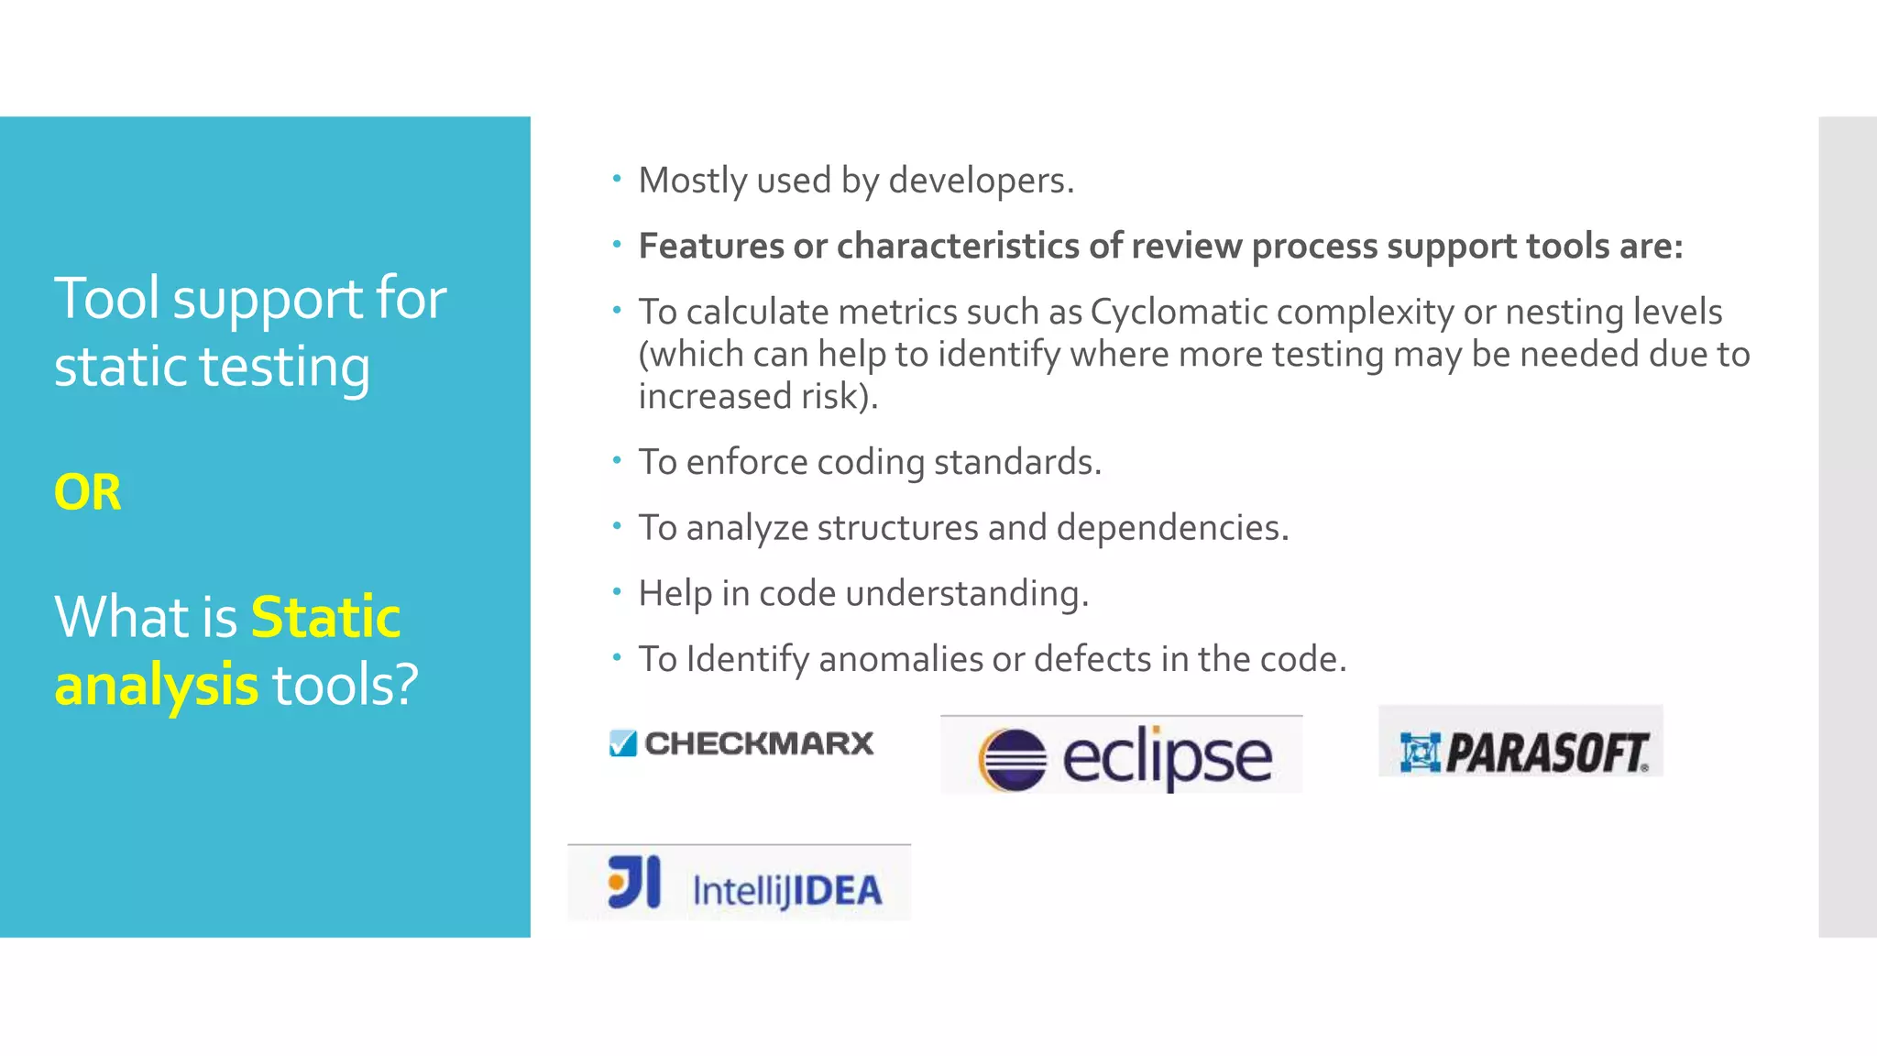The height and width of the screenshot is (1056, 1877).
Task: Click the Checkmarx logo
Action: point(741,742)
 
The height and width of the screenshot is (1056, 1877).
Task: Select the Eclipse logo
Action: point(1122,756)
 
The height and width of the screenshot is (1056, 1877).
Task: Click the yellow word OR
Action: point(87,492)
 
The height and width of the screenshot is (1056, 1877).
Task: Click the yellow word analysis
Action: point(156,685)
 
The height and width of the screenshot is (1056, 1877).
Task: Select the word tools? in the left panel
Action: point(345,685)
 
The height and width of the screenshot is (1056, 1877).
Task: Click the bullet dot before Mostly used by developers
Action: point(617,179)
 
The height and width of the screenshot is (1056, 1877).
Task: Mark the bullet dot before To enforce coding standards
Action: point(617,460)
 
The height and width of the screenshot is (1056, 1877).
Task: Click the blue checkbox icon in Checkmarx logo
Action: point(623,742)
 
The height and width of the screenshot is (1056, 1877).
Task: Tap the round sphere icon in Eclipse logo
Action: point(1013,759)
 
